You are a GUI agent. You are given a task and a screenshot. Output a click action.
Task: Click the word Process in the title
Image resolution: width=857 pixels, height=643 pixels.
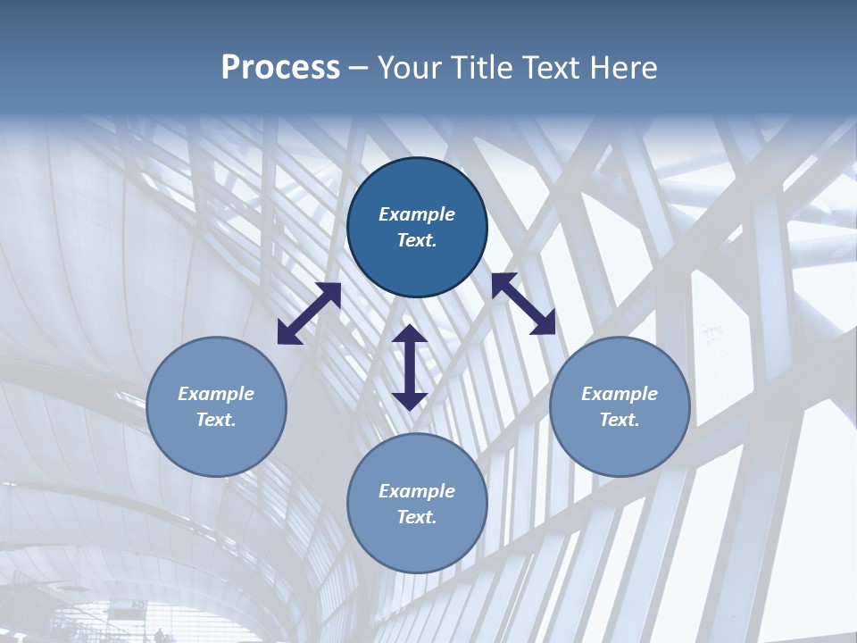pos(280,68)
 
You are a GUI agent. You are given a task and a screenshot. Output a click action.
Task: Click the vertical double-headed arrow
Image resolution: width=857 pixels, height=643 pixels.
pos(410,367)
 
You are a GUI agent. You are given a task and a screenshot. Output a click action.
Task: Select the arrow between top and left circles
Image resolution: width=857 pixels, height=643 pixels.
pos(309,313)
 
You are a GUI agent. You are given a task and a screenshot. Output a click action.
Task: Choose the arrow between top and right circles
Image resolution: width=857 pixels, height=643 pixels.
pos(524,304)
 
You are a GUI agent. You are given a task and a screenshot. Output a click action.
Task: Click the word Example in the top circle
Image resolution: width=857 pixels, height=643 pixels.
pos(417,214)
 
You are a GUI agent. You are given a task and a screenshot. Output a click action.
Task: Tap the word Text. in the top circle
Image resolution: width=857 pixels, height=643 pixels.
pos(417,240)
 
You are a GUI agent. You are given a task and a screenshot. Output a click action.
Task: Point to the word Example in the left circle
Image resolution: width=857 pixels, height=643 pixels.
pos(216,394)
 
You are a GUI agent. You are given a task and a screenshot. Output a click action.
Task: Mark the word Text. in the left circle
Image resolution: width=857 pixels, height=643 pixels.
pos(216,420)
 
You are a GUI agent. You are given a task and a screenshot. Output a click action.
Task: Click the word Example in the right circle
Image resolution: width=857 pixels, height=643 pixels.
pos(620,394)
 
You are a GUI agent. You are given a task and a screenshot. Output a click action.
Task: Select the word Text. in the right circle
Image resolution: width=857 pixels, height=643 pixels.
pos(620,420)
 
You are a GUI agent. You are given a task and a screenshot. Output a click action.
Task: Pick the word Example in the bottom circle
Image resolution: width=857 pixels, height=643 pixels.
pos(417,491)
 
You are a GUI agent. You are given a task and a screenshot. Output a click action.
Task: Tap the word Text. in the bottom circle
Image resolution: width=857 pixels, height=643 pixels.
pos(417,517)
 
